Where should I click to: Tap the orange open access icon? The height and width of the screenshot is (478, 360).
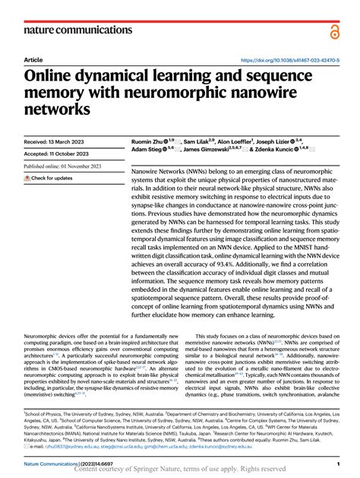334,30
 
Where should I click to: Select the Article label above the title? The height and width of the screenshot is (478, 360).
33,60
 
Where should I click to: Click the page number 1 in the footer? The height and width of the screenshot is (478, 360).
337,463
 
